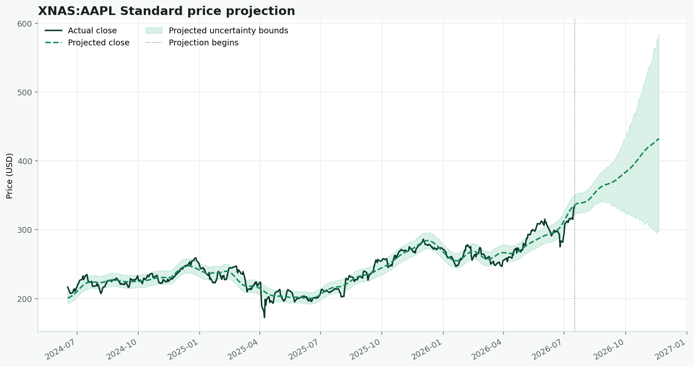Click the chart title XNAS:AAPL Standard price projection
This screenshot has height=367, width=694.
166,11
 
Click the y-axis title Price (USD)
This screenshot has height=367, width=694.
9,176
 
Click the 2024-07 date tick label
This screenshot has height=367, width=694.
61,349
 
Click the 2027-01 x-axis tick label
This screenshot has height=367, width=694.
671,349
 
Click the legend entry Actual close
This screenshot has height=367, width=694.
81,31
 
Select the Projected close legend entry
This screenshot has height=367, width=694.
87,43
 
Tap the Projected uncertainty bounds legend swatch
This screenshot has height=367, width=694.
154,30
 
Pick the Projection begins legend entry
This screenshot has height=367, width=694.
192,43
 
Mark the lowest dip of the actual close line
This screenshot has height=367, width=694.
264,317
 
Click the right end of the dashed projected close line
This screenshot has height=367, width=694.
659,139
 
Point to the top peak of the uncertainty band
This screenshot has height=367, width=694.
659,35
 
